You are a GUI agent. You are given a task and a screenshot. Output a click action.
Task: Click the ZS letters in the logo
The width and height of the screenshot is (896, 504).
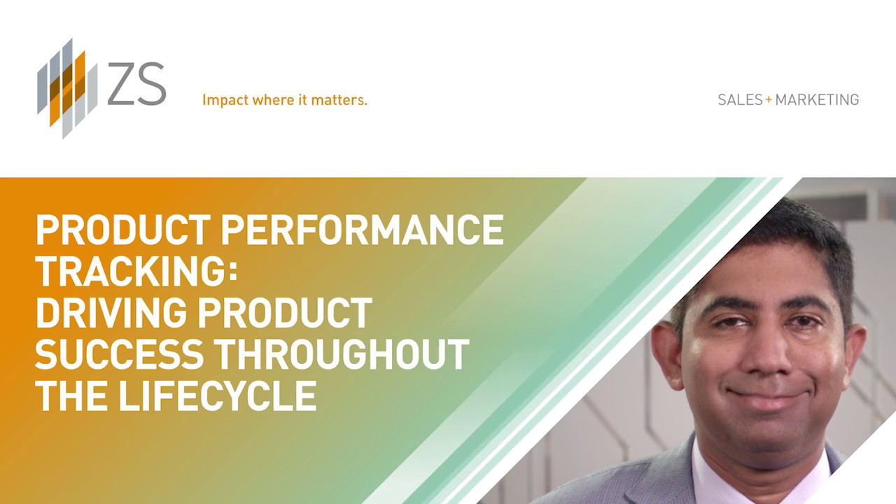tap(136, 85)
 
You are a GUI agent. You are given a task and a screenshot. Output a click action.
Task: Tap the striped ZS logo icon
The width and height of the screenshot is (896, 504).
tap(66, 88)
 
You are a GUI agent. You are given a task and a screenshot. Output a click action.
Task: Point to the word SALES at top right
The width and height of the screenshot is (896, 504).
tap(740, 100)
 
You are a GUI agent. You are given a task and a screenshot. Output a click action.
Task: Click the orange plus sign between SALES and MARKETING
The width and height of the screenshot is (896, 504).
tap(769, 99)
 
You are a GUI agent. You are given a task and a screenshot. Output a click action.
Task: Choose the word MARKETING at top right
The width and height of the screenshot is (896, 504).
tap(817, 100)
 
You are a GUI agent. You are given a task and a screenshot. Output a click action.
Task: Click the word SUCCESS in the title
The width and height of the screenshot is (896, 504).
tap(119, 354)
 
